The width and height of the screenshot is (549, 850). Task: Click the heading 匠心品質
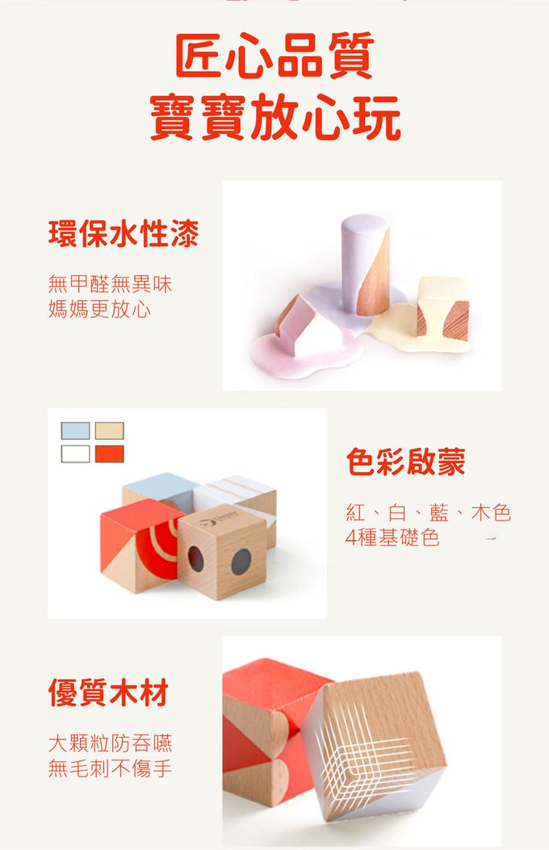[274, 57]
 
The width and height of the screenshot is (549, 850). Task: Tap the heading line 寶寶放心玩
[274, 119]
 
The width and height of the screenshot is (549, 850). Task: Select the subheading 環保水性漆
[124, 234]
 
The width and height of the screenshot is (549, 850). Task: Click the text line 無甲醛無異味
[110, 283]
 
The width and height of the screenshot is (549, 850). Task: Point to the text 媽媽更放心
[99, 308]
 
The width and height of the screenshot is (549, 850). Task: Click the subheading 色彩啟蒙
[405, 462]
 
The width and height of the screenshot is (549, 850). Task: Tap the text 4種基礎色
[392, 538]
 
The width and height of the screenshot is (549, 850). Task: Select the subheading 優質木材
[108, 693]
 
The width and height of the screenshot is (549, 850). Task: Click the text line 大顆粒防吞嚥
[110, 743]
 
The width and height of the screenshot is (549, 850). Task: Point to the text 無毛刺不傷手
[110, 768]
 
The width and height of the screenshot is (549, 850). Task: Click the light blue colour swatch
[75, 431]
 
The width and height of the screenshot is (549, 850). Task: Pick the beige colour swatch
[109, 431]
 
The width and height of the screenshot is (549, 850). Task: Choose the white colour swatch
[75, 453]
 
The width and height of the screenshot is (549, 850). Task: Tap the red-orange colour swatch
[109, 453]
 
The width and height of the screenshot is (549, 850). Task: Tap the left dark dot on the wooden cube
[196, 557]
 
